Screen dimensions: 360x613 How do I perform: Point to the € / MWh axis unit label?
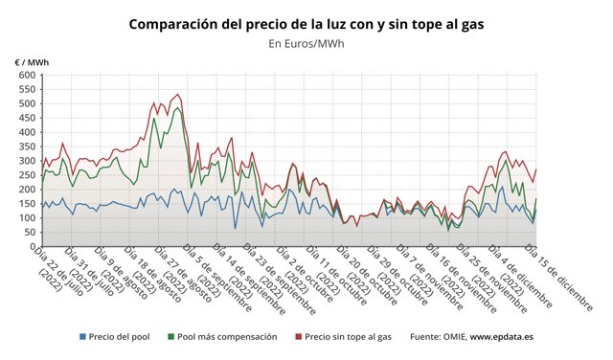(32, 62)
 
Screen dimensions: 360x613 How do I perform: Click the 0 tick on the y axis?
(28, 247)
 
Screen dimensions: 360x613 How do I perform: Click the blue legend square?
(83, 337)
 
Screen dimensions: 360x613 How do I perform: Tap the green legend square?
(171, 337)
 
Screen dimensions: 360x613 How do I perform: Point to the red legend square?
(297, 337)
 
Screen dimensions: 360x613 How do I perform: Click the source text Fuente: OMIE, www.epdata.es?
(470, 337)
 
